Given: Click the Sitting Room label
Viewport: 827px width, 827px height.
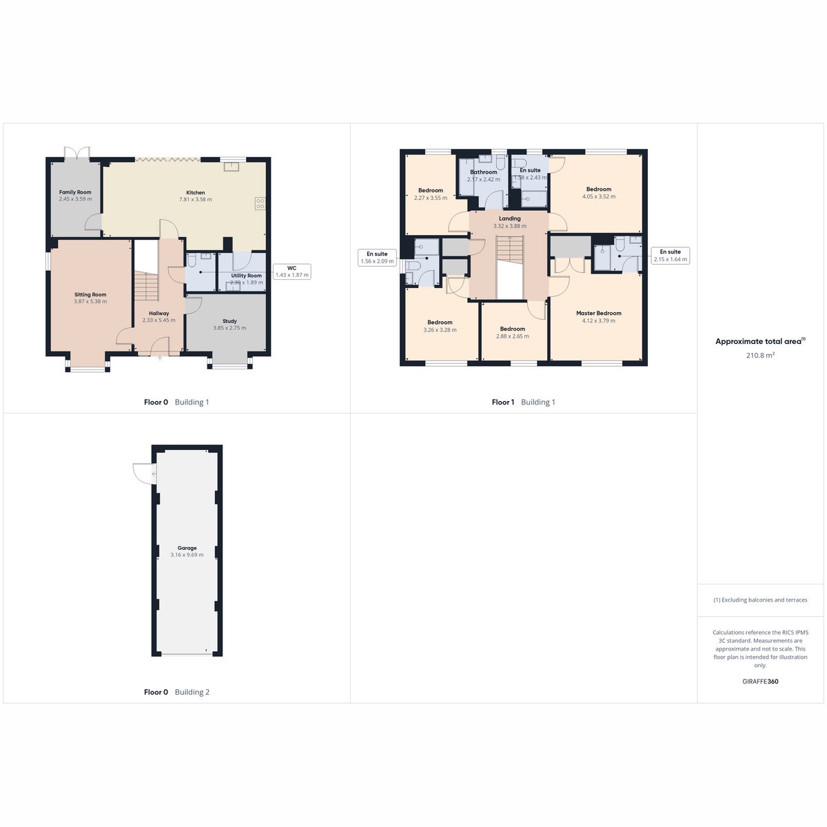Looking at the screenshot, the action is point(90,294).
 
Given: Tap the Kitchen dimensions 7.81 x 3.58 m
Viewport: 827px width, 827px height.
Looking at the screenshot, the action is point(195,199).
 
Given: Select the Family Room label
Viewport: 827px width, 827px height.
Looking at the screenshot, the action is point(75,192).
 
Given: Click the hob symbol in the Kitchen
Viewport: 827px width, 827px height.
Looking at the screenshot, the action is point(260,203).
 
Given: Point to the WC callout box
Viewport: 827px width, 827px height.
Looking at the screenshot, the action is point(292,272).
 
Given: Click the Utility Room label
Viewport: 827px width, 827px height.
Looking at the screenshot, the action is point(246,276).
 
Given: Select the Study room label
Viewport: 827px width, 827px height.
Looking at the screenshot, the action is point(229,321).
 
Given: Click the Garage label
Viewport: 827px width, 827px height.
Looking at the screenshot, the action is point(187,548).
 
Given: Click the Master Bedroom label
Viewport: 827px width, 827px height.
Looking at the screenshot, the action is point(599,314).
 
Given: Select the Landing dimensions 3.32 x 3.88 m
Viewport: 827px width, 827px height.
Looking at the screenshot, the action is point(510,226).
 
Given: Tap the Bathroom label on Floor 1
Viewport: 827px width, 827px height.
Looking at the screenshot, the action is point(484,172).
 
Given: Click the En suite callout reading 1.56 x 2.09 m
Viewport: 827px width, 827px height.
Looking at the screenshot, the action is point(377,258).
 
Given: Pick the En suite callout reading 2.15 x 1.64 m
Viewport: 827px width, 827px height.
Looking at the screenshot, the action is point(671,256).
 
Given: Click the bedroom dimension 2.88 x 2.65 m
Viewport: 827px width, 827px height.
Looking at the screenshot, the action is point(513,336).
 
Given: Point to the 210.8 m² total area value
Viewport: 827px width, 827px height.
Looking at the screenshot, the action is point(760,356).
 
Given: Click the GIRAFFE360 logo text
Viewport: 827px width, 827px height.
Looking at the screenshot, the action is point(760,681).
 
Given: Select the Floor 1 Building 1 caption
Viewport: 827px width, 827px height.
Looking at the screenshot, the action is point(523,402).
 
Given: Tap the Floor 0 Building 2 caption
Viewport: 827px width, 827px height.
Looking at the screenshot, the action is point(177,692).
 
